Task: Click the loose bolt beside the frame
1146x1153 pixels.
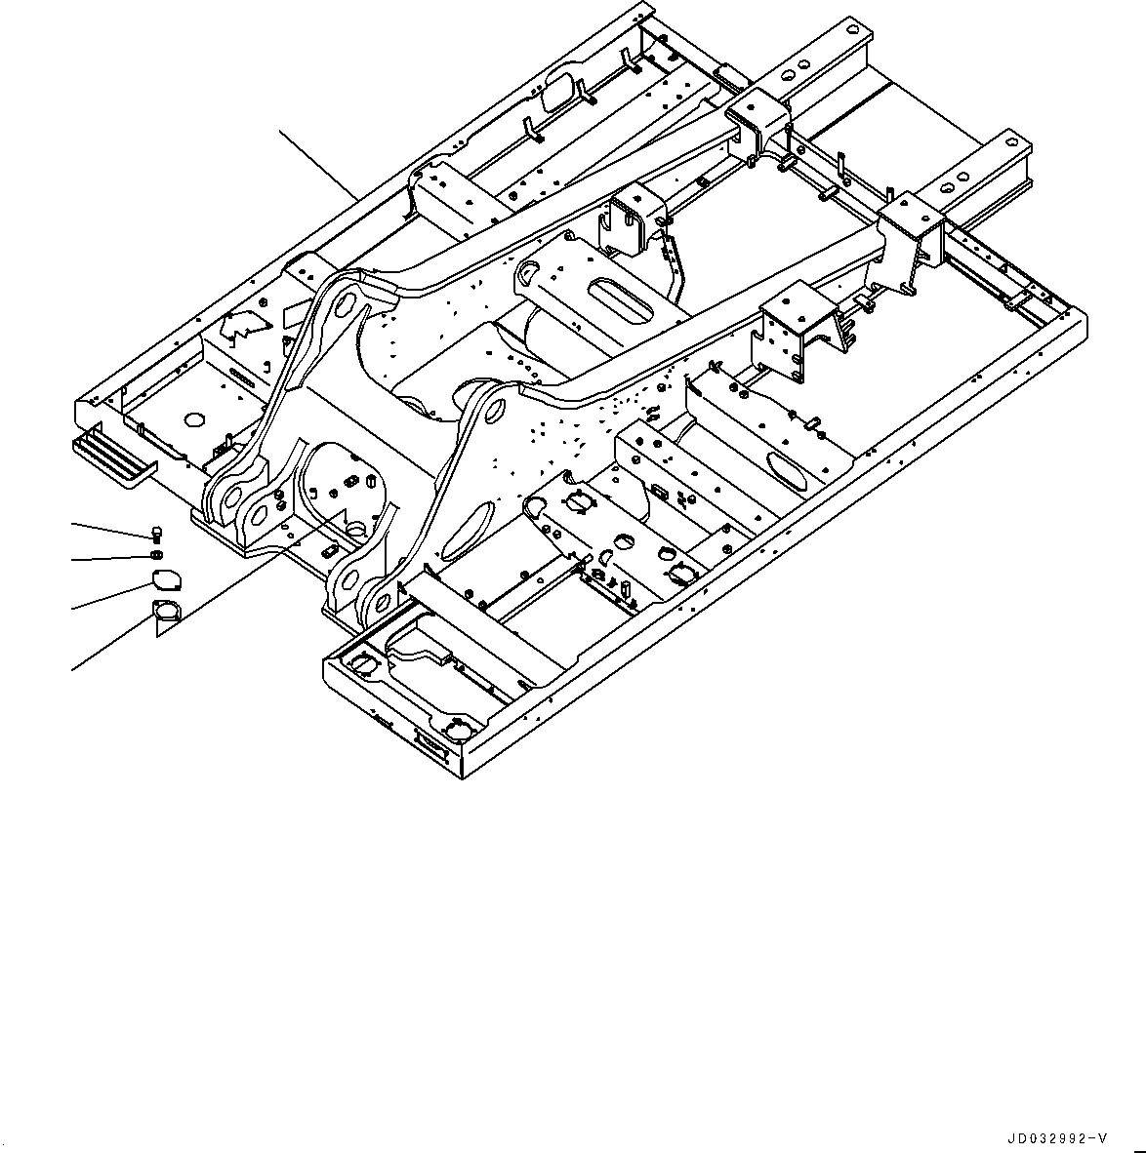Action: (x=157, y=534)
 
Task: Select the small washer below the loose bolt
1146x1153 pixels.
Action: (x=156, y=555)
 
